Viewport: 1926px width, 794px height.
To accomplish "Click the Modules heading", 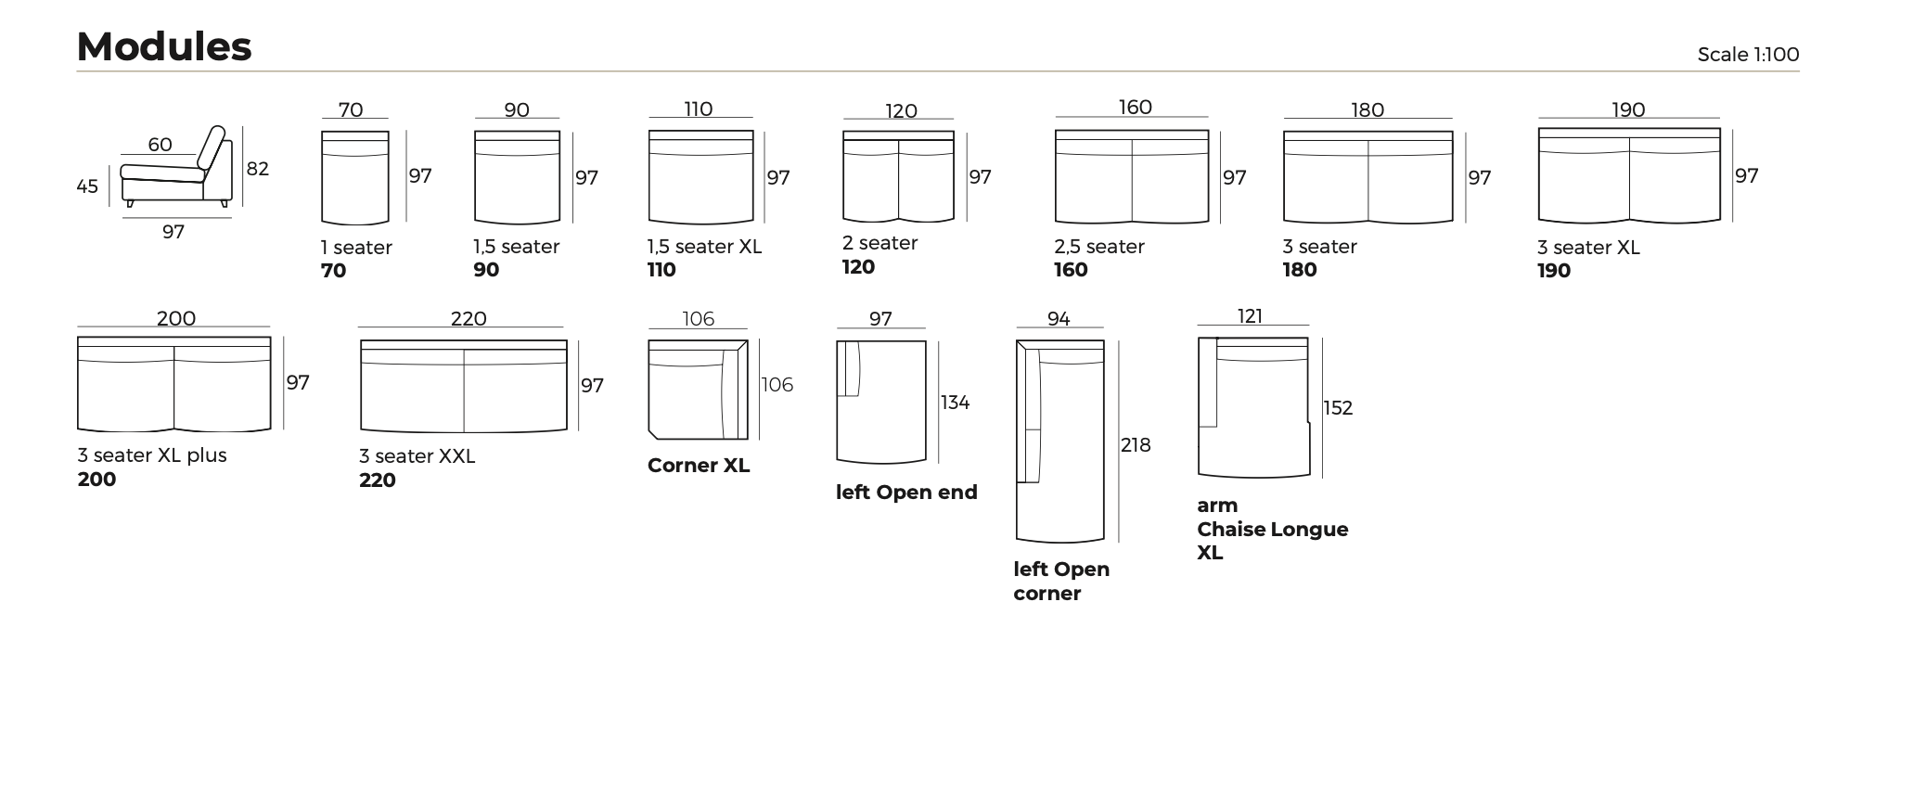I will click(x=164, y=46).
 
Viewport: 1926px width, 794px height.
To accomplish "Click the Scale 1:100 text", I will click(x=1747, y=55).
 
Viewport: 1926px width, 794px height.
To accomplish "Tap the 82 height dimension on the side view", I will click(x=258, y=169).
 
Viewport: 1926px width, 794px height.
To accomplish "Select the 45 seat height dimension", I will click(x=87, y=186).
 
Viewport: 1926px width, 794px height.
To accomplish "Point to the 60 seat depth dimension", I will click(x=160, y=145).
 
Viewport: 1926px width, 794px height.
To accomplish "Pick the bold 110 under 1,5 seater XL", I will click(x=661, y=270).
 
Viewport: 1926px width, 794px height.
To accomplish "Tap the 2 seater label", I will click(x=880, y=243).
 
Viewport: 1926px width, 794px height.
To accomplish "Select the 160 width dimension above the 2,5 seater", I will click(x=1135, y=108).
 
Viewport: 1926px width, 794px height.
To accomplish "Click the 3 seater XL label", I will click(x=1587, y=248).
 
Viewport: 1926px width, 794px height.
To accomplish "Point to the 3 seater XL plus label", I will click(x=152, y=455).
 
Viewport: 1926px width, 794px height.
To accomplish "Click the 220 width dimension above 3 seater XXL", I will click(x=469, y=319).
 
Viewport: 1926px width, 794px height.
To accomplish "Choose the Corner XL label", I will click(x=698, y=466).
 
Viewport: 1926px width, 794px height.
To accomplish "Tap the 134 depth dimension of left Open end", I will click(x=955, y=403).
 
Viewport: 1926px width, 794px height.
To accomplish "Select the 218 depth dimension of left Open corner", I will click(x=1135, y=445).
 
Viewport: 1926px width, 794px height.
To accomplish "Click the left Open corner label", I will click(x=1060, y=581).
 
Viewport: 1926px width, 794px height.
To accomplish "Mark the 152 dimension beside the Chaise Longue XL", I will click(x=1338, y=408).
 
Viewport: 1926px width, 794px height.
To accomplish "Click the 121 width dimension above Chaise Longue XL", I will click(x=1250, y=316).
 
